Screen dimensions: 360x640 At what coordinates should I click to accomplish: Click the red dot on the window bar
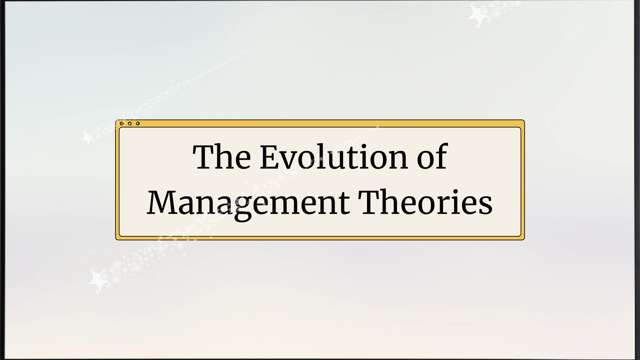click(x=122, y=124)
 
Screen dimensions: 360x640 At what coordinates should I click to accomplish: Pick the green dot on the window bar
click(x=138, y=124)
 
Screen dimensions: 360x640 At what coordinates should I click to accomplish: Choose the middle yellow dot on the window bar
click(x=130, y=124)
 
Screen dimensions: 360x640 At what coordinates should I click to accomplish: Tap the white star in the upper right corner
click(x=477, y=15)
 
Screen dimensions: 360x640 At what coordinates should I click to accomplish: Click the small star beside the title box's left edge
click(x=88, y=138)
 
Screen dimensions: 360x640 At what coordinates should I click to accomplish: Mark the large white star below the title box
click(x=98, y=280)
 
